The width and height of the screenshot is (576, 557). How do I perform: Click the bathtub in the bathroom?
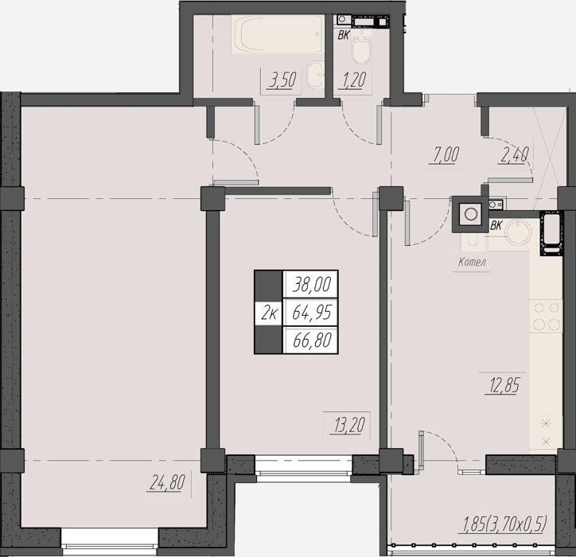[278, 33]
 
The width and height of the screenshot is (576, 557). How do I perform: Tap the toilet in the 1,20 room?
[361, 50]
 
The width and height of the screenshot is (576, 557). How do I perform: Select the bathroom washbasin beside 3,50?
[315, 75]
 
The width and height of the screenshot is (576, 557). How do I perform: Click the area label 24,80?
[167, 481]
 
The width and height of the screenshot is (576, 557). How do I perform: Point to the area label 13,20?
[349, 426]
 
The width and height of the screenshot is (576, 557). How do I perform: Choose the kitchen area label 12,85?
[504, 386]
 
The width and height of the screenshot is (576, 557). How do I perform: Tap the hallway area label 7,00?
[444, 154]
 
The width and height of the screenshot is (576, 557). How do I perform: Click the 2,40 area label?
[514, 154]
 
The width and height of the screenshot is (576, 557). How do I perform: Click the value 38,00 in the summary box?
[312, 284]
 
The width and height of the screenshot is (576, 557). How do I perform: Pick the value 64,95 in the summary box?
[312, 312]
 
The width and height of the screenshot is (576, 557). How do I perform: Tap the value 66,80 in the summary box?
[312, 340]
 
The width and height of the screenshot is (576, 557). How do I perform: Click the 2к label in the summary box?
[269, 313]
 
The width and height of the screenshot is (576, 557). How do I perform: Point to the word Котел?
[472, 262]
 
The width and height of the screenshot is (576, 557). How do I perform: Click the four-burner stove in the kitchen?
[546, 317]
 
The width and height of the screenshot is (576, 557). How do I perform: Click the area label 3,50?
[282, 80]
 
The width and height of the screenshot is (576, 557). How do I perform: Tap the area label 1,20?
[354, 80]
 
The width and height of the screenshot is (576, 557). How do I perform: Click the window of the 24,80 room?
[110, 542]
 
